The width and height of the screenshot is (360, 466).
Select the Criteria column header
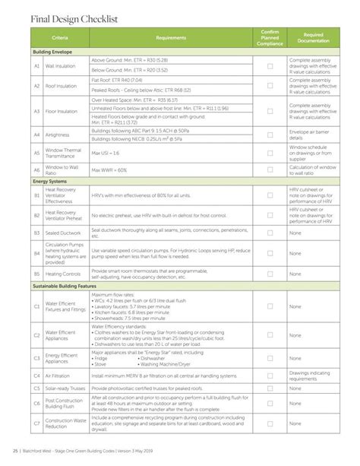click(61, 37)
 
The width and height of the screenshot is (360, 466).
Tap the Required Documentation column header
click(314, 37)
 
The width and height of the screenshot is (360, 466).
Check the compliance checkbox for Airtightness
click(270, 136)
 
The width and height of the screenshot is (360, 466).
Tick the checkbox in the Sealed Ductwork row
click(270, 230)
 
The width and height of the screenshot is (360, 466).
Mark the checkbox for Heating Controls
click(270, 273)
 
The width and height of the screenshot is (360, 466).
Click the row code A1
click(36, 66)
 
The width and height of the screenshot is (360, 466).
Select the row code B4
click(36, 252)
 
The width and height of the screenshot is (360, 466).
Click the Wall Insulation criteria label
click(61, 66)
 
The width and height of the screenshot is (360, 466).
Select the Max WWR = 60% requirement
click(107, 170)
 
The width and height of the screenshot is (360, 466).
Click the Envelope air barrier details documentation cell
click(309, 136)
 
